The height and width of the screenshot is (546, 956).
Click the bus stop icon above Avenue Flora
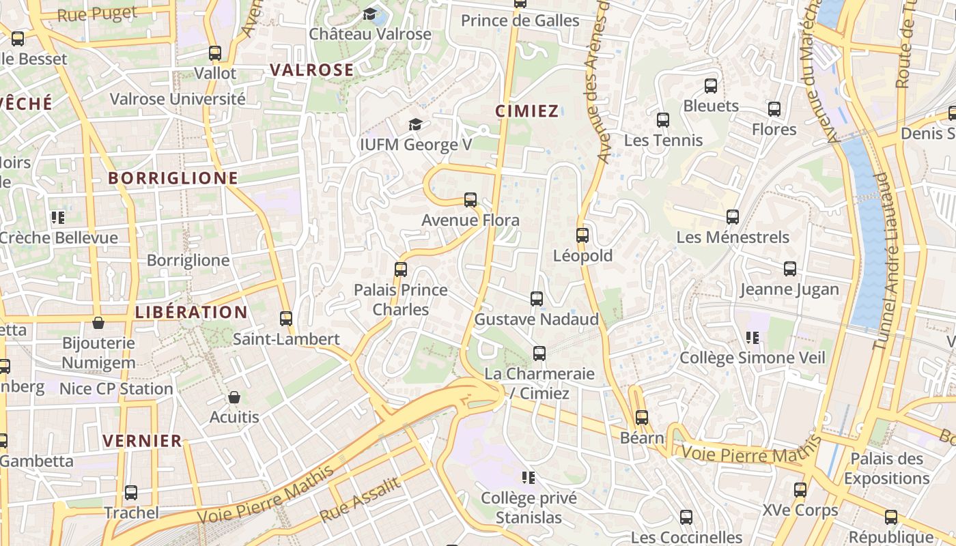coord(470,200)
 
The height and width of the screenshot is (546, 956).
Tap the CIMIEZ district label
coord(526,111)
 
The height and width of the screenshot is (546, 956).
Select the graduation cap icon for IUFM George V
coord(415,124)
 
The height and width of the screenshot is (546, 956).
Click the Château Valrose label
coord(370,33)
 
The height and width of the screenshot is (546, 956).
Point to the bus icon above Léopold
coord(582,235)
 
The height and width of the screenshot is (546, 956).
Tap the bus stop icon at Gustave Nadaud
coord(537,299)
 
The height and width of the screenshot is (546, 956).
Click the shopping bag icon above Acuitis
coord(234,397)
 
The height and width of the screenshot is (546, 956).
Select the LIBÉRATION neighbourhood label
coord(191,313)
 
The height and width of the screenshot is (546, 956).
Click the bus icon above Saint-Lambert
coord(286,319)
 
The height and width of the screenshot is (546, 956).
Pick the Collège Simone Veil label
coord(753,358)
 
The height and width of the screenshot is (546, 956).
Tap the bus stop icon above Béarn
coord(642,418)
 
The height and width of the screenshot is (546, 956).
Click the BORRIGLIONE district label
coord(173,179)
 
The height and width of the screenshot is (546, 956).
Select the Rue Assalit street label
coord(359,500)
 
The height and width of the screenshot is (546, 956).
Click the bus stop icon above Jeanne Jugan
coord(790,269)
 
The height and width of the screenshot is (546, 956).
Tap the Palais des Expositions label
coord(887,468)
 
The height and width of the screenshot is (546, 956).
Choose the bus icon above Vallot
coord(215,53)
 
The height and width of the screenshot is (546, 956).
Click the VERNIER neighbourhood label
coord(143,441)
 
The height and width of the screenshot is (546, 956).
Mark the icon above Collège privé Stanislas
coord(529,477)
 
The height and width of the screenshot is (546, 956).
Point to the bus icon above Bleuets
coord(711,86)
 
